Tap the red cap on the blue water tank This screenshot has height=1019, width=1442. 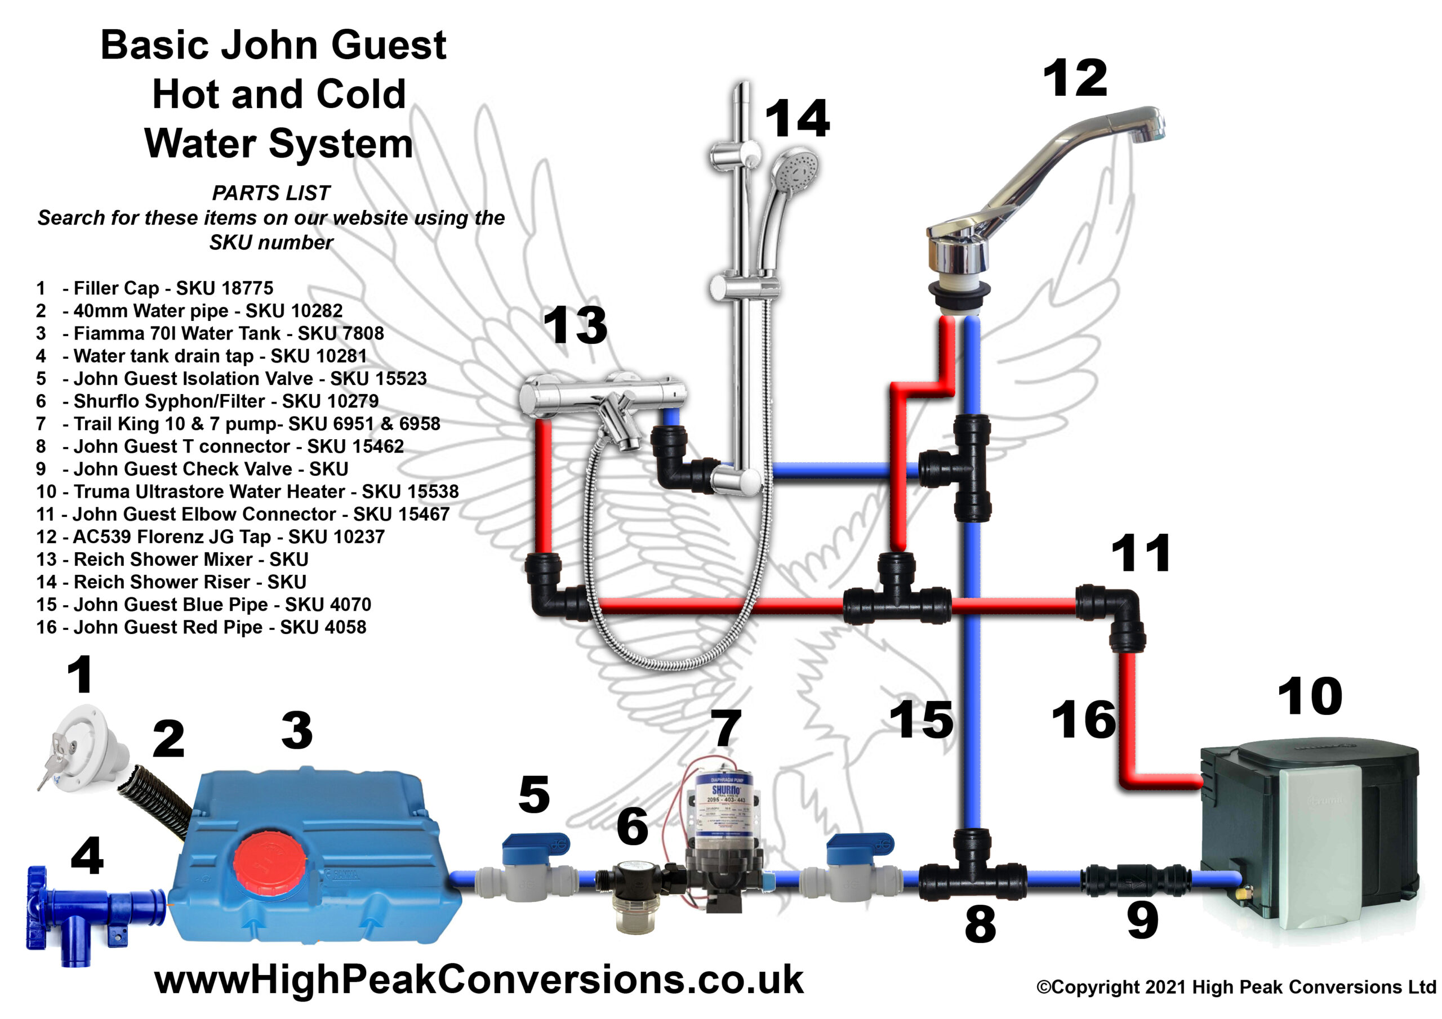point(269,861)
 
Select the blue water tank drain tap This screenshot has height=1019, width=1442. point(94,914)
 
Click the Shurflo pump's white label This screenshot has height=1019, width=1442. point(725,807)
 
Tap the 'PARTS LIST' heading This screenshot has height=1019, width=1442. point(271,193)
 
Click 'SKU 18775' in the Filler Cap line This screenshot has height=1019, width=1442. point(224,288)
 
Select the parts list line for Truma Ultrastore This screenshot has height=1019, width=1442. point(247,491)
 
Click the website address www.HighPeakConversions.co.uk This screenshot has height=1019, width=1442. point(479,980)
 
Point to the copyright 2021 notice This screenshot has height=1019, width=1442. point(1236,987)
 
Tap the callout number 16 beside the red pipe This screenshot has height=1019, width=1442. point(1084,719)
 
